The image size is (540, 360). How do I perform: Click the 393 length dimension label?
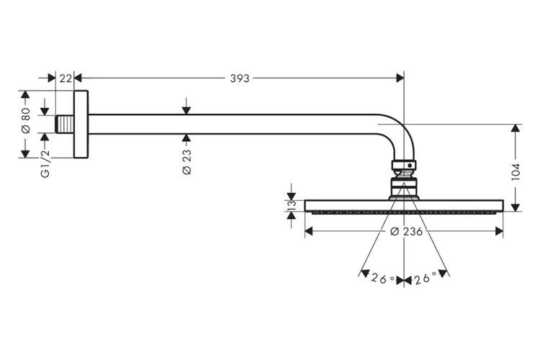(240, 78)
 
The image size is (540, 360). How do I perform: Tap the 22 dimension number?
(66, 78)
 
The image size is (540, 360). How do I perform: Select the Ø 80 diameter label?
(26, 120)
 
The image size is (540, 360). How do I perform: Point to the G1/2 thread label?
(45, 164)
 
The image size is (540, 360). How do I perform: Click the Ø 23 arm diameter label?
(186, 162)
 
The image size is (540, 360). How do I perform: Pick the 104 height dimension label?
(516, 172)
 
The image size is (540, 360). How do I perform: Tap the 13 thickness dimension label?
(292, 205)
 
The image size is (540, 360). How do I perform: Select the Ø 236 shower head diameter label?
(406, 232)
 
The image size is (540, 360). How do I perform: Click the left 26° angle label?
(382, 278)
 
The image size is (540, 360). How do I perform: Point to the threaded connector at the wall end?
(64, 124)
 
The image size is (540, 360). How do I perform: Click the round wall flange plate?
(81, 124)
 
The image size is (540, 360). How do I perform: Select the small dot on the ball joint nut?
(410, 166)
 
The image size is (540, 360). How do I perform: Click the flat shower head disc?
(404, 206)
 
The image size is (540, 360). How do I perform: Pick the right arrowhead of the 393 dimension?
(400, 78)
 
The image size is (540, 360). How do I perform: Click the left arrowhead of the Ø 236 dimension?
(309, 231)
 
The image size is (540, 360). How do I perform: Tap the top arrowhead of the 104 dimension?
(516, 128)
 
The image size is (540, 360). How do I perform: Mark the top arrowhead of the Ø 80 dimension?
(24, 94)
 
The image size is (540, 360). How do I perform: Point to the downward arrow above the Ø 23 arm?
(186, 106)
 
